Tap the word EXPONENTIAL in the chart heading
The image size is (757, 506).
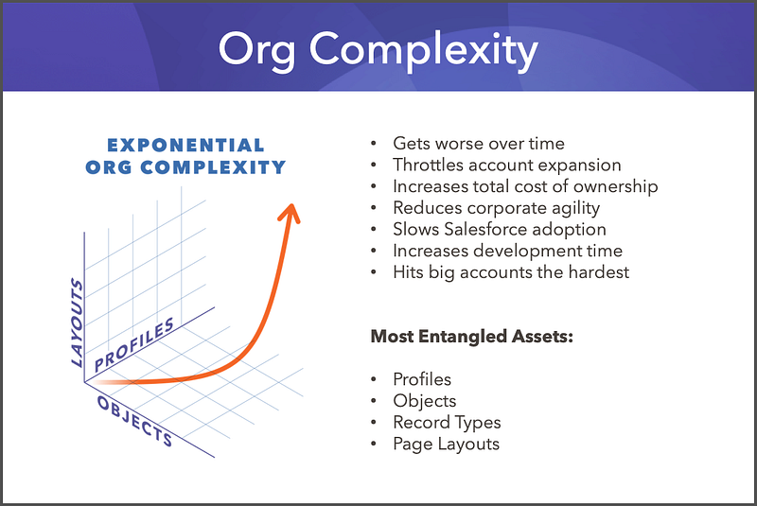coord(185,146)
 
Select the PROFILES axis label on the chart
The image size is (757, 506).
coord(133,343)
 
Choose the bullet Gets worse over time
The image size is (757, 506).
coord(479,144)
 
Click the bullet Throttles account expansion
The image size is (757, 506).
coord(507,166)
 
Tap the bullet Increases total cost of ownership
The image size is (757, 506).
coord(525,186)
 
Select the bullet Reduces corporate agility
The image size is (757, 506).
coord(497,208)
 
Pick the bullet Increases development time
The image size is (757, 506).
coord(508,252)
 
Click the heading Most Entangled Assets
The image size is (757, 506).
coord(471,336)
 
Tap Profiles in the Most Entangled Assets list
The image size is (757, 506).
coord(422,379)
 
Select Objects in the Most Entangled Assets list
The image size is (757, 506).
coord(425,401)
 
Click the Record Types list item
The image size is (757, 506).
coord(447,423)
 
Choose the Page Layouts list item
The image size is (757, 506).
coord(446,445)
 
